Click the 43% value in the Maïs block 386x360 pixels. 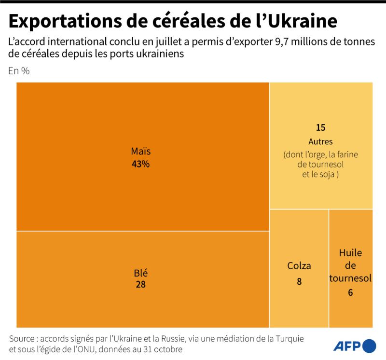tap(140, 164)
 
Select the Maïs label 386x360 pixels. tap(140, 152)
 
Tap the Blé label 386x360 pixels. tap(140, 273)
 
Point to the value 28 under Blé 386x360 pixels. tap(140, 284)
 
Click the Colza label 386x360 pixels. tap(299, 265)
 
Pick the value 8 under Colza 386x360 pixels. tap(299, 281)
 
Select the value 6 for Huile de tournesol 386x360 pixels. tap(350, 292)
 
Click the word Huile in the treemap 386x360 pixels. tap(350, 253)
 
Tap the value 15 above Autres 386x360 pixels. tap(321, 128)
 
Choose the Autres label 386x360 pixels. tap(321, 141)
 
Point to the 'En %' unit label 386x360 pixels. tap(19, 71)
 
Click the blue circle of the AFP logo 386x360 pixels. tap(369, 346)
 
